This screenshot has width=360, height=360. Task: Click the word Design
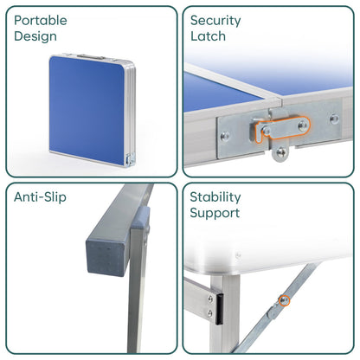pos(35,36)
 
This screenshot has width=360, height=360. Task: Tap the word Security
pos(217,20)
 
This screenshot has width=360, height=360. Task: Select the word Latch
pos(208,36)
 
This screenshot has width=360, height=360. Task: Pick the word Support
pos(215,213)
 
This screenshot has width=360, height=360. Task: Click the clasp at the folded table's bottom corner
pos(130,158)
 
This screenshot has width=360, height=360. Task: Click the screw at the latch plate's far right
pos(334,119)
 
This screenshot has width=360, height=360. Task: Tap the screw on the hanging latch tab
pos(280,153)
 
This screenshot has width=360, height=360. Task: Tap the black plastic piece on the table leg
pos(217,304)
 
